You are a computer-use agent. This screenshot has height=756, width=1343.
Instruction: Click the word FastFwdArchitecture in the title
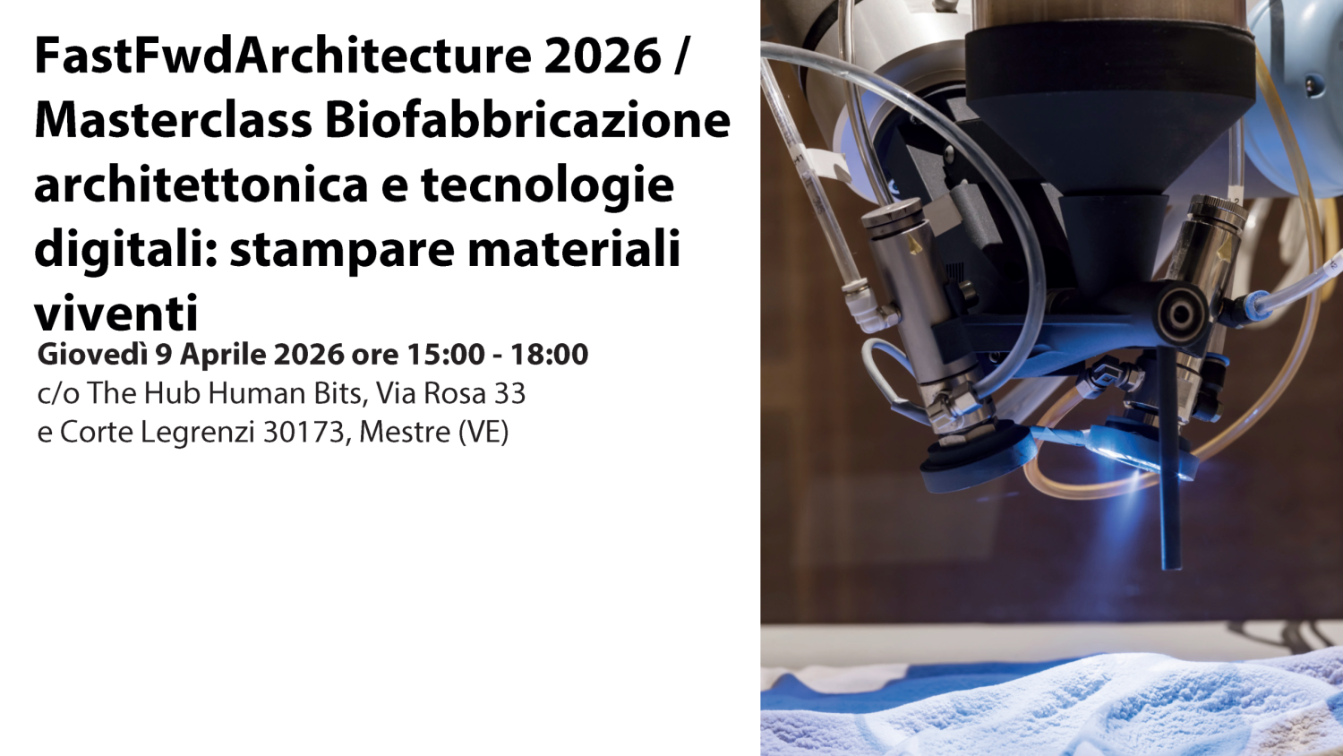(x=283, y=56)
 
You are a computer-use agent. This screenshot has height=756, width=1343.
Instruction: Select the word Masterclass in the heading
(x=174, y=120)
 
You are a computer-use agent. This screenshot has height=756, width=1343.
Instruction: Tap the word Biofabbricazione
(x=528, y=120)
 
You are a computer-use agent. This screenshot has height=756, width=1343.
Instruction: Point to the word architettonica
(x=201, y=184)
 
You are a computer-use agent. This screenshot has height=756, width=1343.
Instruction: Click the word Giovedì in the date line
(x=92, y=354)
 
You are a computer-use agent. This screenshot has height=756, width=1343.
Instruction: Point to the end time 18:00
(x=549, y=354)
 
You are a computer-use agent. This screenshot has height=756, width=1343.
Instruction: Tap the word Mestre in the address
(x=405, y=432)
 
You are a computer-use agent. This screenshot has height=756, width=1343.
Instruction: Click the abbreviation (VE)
(x=483, y=432)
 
